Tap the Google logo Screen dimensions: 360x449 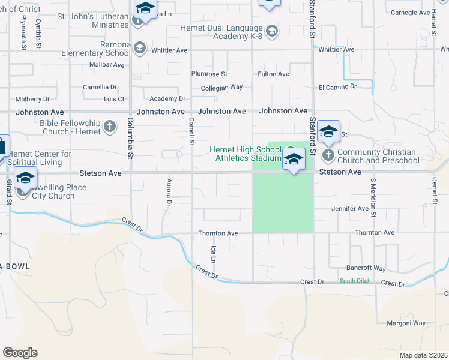20,353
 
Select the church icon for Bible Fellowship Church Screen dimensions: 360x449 109,127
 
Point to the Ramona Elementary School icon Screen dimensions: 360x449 140,48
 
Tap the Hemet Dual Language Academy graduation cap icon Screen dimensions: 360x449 272,31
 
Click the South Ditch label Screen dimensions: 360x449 355,281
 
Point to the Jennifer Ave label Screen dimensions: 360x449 350,209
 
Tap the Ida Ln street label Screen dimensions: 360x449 212,254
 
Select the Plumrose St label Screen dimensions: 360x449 209,74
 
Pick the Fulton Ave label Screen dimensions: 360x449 273,74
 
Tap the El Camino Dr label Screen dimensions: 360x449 337,87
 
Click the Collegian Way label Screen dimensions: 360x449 221,87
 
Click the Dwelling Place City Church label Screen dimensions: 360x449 54,191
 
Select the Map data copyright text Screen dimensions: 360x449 423,355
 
